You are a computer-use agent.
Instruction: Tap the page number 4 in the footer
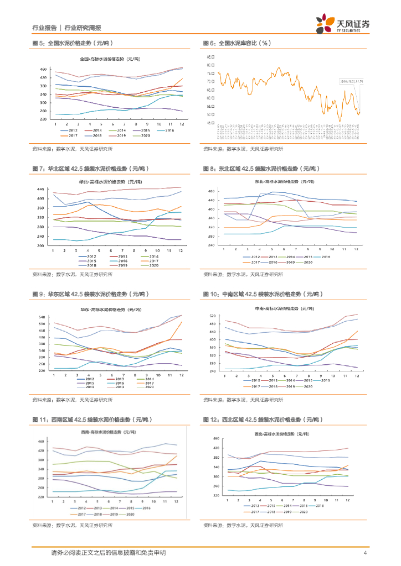[x=365, y=553]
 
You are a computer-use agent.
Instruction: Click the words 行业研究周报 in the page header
[x=83, y=28]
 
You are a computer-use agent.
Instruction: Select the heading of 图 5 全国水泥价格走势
[x=72, y=43]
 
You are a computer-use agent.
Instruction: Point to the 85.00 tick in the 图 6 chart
[x=210, y=57]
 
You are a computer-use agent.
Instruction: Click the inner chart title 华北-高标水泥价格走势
[x=110, y=181]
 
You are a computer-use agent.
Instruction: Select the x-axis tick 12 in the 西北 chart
[x=347, y=500]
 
